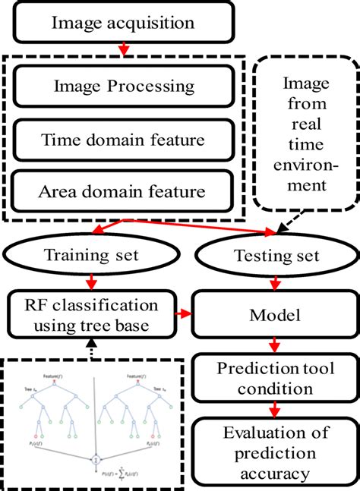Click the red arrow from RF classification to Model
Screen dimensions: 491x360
pyautogui.click(x=183, y=312)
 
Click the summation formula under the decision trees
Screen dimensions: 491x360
pyautogui.click(x=107, y=477)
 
